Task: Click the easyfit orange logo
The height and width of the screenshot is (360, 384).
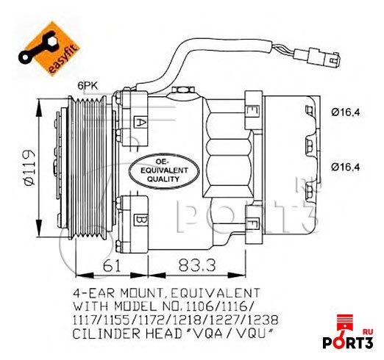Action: (x=49, y=48)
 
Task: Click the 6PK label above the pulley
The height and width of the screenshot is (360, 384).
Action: (x=88, y=86)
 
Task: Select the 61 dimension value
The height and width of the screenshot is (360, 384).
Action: (x=112, y=265)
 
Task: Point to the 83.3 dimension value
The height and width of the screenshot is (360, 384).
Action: (x=197, y=265)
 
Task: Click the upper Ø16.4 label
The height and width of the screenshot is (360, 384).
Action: (x=346, y=112)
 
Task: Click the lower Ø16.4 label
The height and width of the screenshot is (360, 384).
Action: (x=346, y=167)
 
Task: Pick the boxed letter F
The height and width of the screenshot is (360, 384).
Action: (x=252, y=223)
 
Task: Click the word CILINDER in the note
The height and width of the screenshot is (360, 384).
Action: (x=107, y=334)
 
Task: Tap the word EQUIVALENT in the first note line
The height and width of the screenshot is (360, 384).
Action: (x=214, y=293)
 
